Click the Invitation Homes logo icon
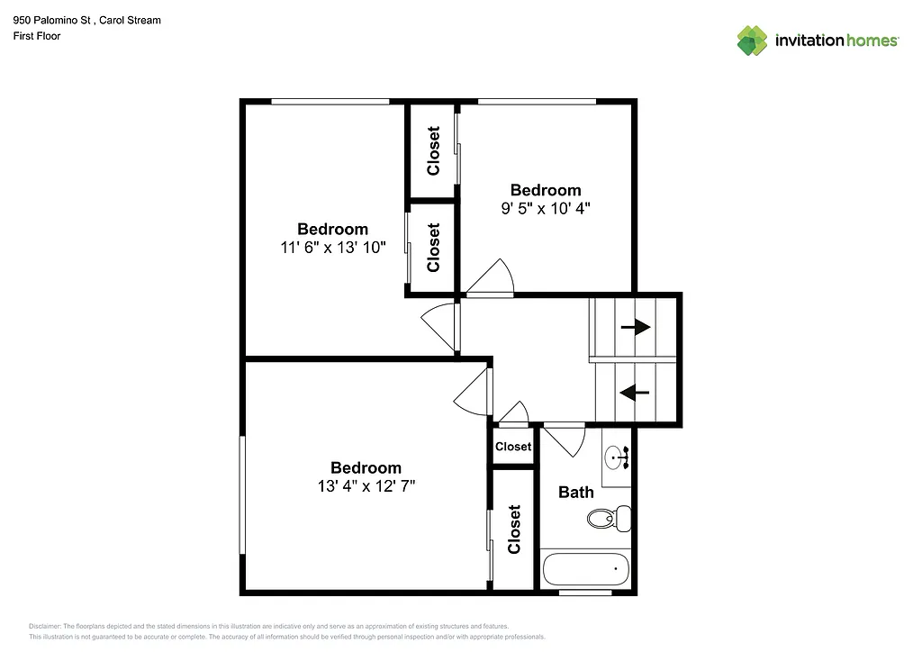point(752,41)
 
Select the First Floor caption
point(37,36)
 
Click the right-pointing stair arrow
point(635,327)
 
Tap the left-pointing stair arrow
point(635,392)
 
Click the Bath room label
point(575,492)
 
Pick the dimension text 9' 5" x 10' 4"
point(546,208)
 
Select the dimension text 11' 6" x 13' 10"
point(332,248)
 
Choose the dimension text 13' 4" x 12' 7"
point(366,485)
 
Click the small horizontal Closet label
point(513,447)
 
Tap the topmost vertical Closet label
point(433,150)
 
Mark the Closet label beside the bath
point(514,529)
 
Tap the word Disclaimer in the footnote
point(44,626)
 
